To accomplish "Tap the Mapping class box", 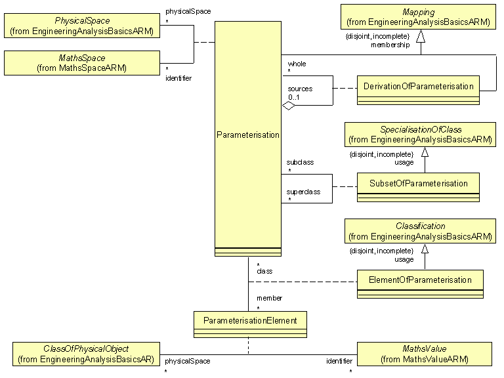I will click(418, 16).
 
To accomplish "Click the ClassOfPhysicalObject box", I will click(85, 354).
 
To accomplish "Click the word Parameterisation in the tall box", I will click(247, 135).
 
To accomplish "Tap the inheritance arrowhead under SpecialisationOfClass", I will click(425, 152).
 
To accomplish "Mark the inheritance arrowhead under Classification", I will click(425, 249).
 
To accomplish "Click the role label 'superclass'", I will click(303, 192).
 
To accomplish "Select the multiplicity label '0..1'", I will click(293, 96).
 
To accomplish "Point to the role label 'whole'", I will click(297, 64).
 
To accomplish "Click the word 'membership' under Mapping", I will click(390, 45).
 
